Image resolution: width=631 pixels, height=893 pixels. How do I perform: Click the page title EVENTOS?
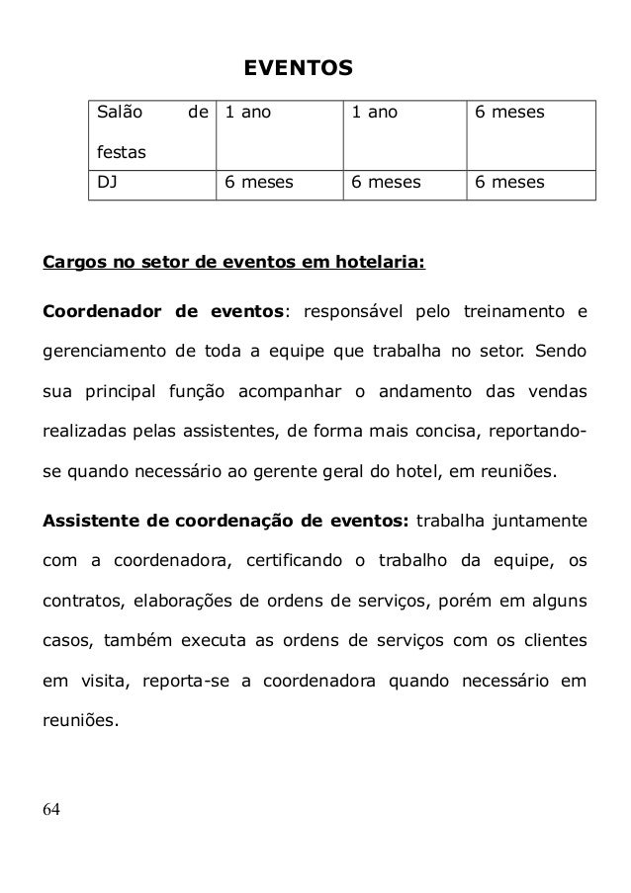[x=298, y=69]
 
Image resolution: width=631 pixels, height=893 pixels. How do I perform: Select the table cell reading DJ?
[x=104, y=183]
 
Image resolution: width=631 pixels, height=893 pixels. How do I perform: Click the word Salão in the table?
[x=119, y=114]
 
